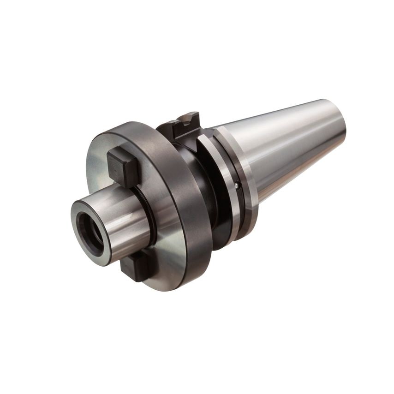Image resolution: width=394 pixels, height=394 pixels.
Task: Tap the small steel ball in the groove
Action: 237,185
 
